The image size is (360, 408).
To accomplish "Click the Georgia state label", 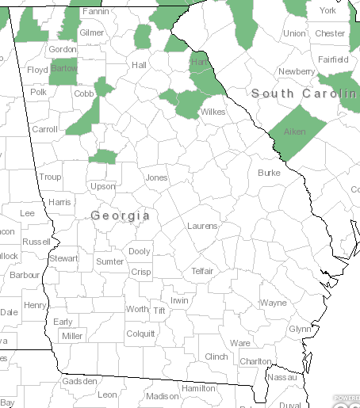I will point(121,215).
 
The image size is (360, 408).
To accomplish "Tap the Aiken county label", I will point(294,132).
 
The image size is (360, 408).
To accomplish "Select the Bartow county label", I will point(63,69).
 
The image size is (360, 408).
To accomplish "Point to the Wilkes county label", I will point(213,112).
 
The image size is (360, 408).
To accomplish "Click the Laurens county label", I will point(202,226).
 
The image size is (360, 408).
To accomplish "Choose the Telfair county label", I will point(202,271).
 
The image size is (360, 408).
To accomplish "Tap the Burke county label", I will point(269,172).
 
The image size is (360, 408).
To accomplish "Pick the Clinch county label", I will point(216,357).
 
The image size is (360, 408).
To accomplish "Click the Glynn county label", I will point(300,329).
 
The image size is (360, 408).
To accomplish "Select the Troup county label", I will point(50,177).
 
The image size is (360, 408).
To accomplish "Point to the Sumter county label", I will point(109,261).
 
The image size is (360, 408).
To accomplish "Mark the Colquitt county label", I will point(140,334).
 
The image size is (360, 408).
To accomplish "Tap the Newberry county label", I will point(296,71).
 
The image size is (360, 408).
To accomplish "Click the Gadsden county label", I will point(79,381).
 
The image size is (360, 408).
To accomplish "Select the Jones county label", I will point(156,177).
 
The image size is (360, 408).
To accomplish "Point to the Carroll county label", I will point(44,129).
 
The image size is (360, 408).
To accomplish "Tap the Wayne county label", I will point(274,303).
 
